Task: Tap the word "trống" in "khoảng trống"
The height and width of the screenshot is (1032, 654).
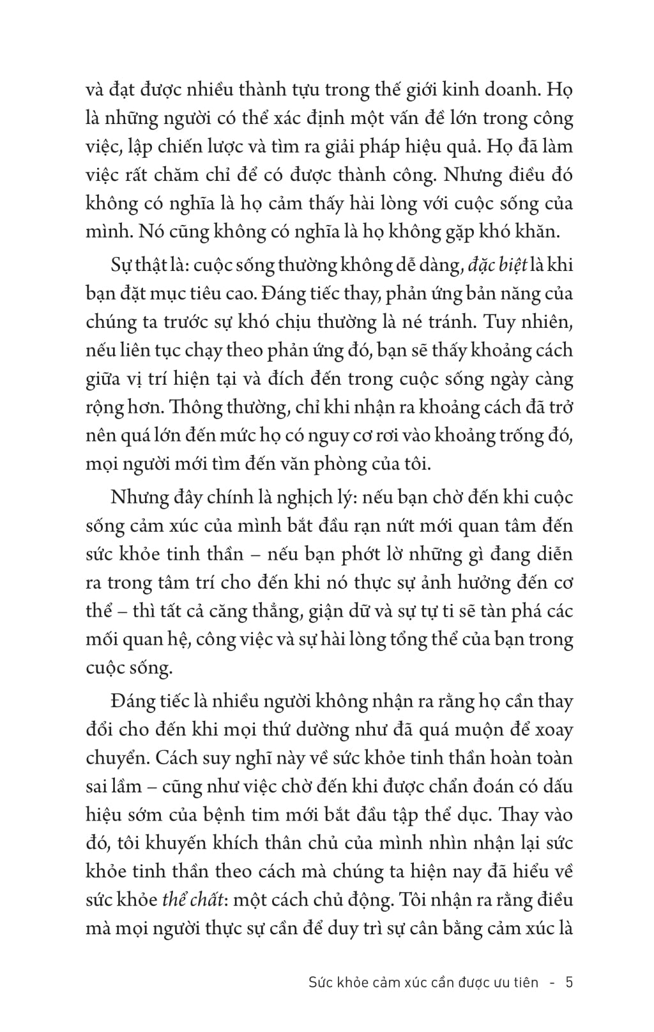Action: [x=521, y=435]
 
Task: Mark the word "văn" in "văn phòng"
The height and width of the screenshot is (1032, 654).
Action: [x=344, y=464]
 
